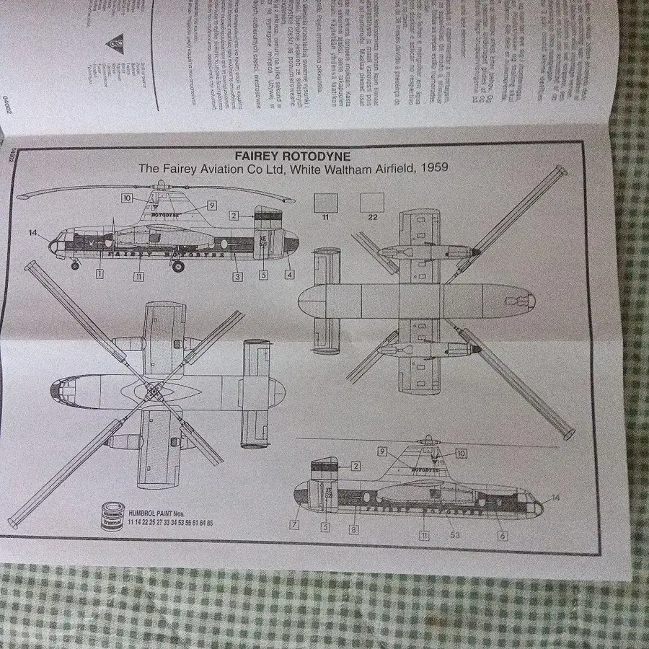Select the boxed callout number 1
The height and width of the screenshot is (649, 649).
click(x=100, y=274)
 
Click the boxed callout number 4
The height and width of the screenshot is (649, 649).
click(x=289, y=274)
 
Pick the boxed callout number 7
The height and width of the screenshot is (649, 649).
click(x=294, y=525)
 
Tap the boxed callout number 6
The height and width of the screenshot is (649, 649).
click(x=503, y=536)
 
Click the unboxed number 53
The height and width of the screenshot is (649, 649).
click(x=454, y=535)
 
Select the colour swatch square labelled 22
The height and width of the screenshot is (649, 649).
click(x=372, y=201)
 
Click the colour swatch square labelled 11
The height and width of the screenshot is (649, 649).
click(x=326, y=201)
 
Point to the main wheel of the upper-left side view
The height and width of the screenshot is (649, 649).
click(x=178, y=267)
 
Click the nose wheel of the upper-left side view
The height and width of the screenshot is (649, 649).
click(x=76, y=265)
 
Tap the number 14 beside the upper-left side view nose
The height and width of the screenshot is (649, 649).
click(x=32, y=232)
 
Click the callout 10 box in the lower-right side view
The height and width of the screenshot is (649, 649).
click(x=462, y=454)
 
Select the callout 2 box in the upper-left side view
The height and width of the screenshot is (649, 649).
click(x=234, y=215)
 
